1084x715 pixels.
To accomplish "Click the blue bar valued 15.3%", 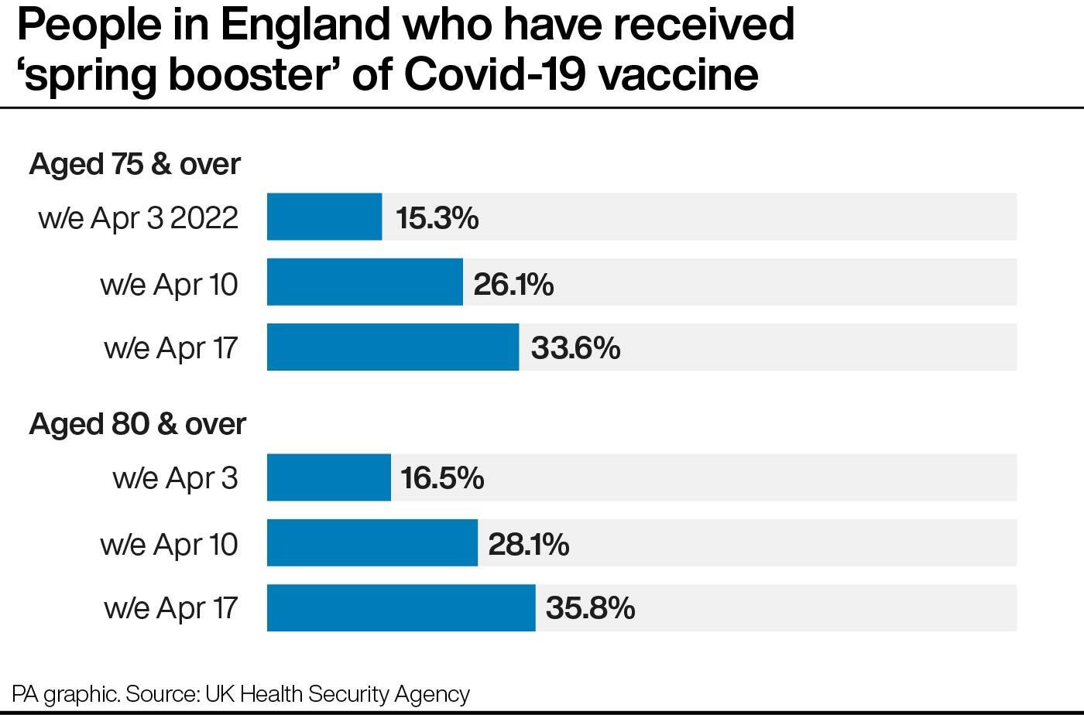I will point(324,217).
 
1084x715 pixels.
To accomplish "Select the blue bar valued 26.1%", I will point(365,282).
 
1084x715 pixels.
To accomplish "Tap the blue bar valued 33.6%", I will point(393,347).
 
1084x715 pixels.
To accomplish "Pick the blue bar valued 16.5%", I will point(329,477).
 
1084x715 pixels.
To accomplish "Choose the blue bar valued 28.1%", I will point(372,543).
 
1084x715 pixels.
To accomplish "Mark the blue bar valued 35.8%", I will point(401,608).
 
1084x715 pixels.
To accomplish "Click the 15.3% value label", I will point(437,218).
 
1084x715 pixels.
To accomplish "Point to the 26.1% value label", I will point(513,284).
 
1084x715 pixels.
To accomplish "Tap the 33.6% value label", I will point(575,348).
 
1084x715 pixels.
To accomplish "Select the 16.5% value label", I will point(442,478).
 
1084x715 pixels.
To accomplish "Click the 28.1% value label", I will point(529,544).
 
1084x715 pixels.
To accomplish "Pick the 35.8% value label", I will point(590,608).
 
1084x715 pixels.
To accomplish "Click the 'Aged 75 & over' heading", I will point(135,164).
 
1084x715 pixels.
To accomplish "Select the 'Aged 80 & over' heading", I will point(137,424).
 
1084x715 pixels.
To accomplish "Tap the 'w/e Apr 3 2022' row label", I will point(139,218).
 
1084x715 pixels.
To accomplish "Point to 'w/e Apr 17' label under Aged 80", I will point(171,608).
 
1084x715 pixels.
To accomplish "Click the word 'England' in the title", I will point(305,25).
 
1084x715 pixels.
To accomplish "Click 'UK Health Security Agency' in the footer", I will point(338,693).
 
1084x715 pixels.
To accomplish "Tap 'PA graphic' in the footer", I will point(64,693).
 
